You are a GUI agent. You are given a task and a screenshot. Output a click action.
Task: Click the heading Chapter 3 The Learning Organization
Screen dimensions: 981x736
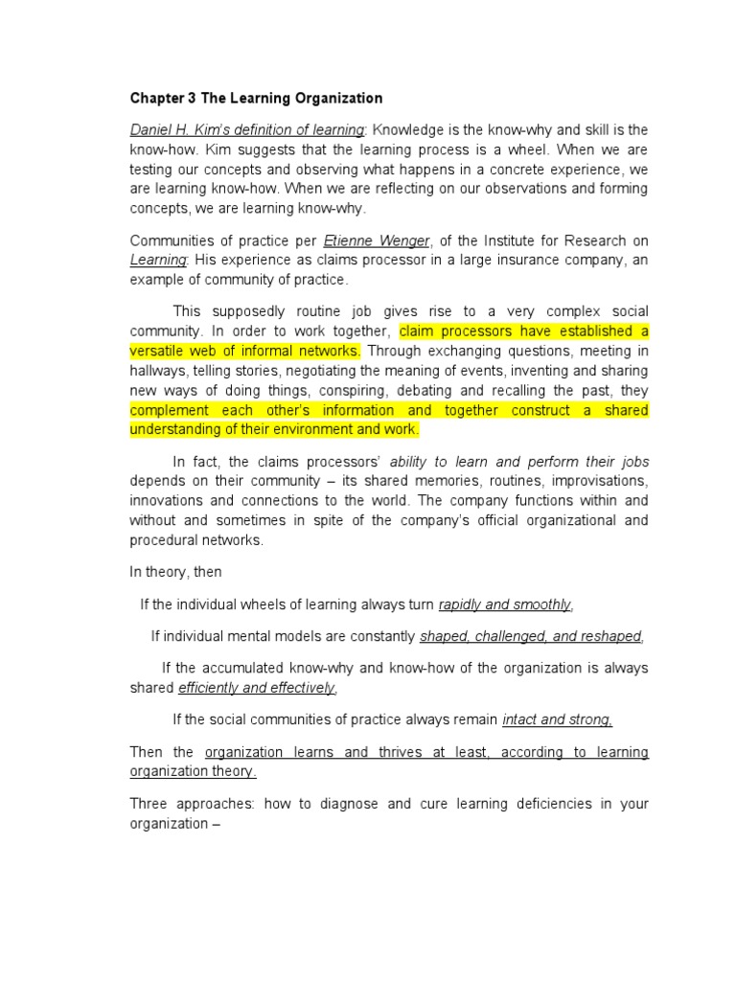[256, 98]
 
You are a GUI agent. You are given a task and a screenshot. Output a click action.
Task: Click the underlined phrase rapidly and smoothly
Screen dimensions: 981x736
[505, 605]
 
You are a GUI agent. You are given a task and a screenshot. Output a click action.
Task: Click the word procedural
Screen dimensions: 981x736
[165, 540]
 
